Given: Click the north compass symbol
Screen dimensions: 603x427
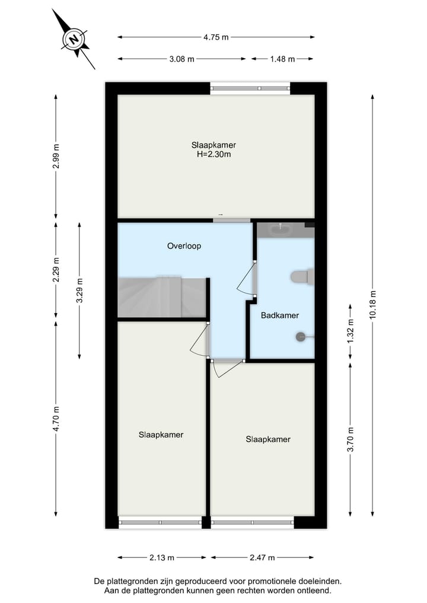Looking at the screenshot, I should coord(74,40).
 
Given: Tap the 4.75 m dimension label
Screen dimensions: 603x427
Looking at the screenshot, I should coord(216,37).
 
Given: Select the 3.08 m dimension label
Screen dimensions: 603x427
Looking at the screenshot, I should coord(182,59).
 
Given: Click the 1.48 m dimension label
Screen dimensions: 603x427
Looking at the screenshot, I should coord(282,59).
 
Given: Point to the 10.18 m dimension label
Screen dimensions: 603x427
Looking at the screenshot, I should coord(372,305).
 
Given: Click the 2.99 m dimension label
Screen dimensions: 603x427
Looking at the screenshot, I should coord(56,157).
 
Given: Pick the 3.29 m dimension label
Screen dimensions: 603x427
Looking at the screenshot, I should coord(79,290).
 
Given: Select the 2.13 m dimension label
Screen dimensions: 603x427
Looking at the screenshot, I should coord(162,557).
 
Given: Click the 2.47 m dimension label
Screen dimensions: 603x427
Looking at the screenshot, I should coord(262,557).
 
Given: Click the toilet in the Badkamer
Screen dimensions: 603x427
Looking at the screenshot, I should coord(303,276).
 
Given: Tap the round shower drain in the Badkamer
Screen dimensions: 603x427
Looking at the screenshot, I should coord(300,337).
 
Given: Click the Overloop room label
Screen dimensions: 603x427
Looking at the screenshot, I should coord(184,245).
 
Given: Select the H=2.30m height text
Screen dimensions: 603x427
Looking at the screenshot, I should coord(213,155).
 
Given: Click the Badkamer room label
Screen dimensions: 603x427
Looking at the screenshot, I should coord(280,315).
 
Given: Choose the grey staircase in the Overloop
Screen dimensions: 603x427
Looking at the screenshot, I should coord(161,296).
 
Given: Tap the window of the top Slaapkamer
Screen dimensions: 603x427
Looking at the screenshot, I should coord(250,89).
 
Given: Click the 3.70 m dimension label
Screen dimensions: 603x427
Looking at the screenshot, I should coord(350,439).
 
